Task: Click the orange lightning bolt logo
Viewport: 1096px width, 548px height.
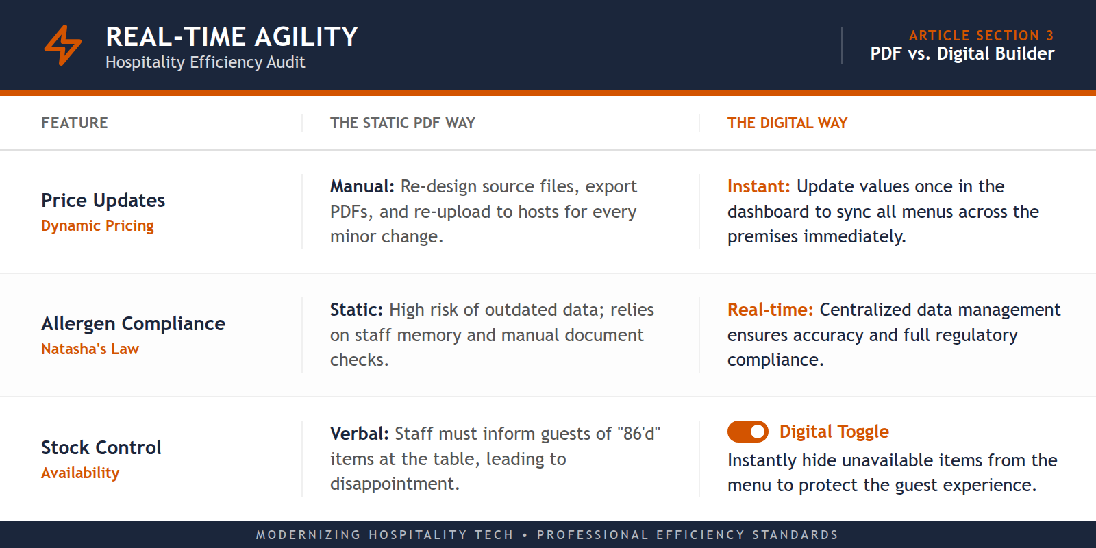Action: tap(63, 45)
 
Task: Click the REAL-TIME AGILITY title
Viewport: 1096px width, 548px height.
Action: tap(232, 37)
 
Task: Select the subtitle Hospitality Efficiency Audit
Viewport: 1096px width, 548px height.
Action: tap(205, 62)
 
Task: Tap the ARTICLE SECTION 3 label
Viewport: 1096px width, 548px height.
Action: tap(981, 36)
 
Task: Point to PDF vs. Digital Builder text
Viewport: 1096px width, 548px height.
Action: tap(962, 53)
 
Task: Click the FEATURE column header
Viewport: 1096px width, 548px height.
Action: tap(75, 123)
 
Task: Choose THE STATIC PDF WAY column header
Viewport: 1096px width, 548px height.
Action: tap(402, 123)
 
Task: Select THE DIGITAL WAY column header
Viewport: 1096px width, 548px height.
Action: tap(787, 123)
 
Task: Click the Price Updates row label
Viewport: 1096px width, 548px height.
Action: tap(103, 201)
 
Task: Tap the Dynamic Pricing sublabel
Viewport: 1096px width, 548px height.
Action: tap(97, 226)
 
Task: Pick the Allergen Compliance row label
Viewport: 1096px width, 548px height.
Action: tap(133, 324)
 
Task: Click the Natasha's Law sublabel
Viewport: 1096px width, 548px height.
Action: tap(90, 349)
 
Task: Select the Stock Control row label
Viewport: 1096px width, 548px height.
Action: tap(101, 448)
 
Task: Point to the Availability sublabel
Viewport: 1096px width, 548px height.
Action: tap(80, 473)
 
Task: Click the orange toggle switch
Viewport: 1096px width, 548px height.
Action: tap(747, 432)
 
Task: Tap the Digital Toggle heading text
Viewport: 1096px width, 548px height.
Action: tap(834, 432)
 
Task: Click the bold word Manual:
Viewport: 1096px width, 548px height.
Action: tap(362, 187)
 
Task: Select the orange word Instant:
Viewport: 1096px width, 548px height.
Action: tap(758, 187)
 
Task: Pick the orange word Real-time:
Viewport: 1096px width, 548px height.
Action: tap(770, 310)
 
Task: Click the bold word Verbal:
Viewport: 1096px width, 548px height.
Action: tap(359, 434)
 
